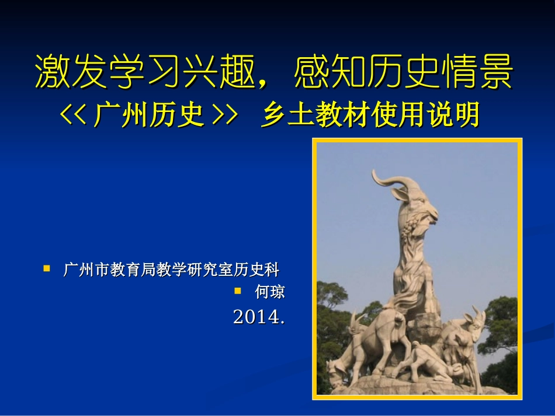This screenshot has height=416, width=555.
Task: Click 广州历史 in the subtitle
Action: tap(149, 116)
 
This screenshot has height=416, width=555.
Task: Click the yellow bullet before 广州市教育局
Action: tap(47, 268)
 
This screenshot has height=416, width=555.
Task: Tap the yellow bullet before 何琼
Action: tap(238, 289)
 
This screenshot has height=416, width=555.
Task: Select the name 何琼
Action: tap(270, 291)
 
